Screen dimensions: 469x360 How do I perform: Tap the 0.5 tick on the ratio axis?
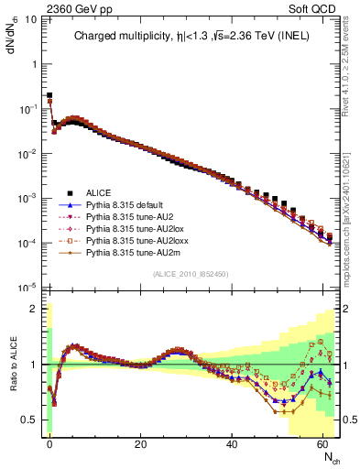click(29, 420)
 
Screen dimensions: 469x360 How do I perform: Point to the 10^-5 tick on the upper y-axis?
click(27, 288)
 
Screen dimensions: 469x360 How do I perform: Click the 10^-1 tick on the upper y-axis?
click(27, 108)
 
